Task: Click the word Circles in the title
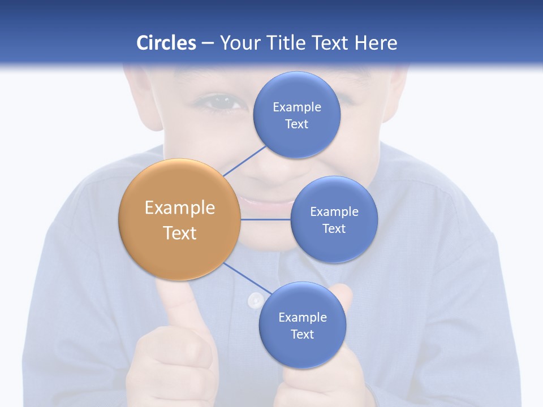[166, 43]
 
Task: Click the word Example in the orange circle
[180, 208]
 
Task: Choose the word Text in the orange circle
[180, 233]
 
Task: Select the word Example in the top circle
[297, 107]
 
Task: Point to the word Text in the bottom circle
[302, 334]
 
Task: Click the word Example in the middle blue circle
[334, 211]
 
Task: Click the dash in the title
[207, 43]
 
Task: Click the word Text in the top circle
[297, 124]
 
